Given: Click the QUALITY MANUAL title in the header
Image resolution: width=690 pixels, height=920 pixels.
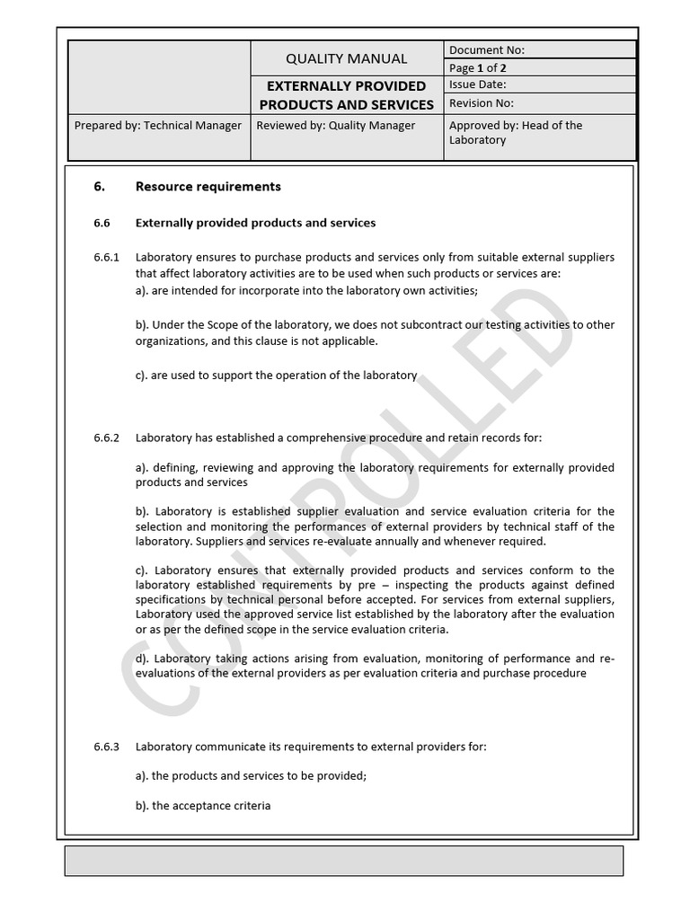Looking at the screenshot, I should point(346,58).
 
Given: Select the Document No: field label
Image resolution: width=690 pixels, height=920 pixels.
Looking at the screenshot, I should point(486,50).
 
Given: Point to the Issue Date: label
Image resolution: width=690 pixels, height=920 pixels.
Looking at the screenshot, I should point(477,85).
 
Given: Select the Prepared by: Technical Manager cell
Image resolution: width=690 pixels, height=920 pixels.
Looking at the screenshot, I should point(157,126).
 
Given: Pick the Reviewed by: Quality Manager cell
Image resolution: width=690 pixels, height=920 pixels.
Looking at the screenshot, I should point(336,126).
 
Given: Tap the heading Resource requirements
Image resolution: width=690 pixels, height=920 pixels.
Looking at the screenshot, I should point(208,187).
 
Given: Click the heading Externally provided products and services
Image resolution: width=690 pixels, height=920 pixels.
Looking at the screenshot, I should point(255,223).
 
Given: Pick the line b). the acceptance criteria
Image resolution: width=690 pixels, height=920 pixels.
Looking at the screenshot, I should point(203,806).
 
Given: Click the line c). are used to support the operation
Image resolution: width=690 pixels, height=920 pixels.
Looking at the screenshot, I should point(276,376).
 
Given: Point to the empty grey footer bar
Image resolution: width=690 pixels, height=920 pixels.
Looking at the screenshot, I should point(344,861).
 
